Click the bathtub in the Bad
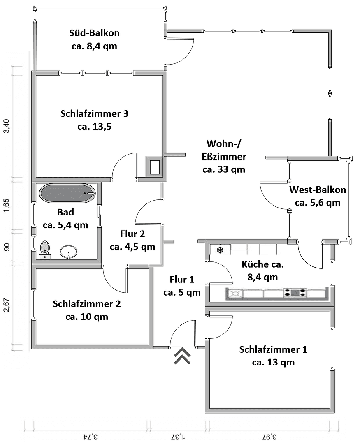tap(67, 193)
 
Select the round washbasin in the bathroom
tap(68, 252)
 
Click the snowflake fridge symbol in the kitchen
tap(220, 250)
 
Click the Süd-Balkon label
tap(94, 33)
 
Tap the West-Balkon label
tap(318, 190)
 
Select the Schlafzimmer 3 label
tap(94, 113)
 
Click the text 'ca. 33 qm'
tap(224, 169)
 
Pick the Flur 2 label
tap(132, 234)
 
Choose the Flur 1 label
tap(182, 280)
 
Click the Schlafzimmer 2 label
tap(87, 304)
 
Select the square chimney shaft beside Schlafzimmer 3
tap(155, 167)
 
